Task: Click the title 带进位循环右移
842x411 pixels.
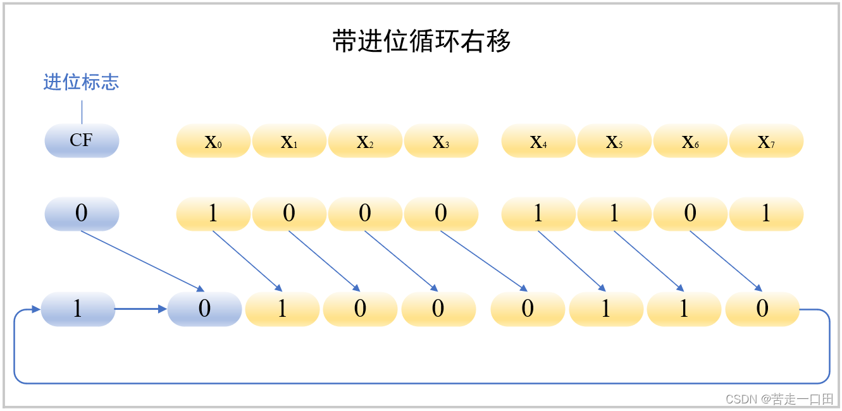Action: click(421, 42)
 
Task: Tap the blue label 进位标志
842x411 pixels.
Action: click(81, 82)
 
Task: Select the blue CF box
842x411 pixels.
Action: click(82, 140)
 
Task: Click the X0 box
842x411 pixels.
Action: click(213, 141)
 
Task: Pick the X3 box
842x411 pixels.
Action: click(441, 141)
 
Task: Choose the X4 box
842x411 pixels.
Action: click(538, 141)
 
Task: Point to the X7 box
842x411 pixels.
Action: click(766, 141)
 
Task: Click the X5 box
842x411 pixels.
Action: click(614, 141)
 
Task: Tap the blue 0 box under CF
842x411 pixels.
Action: click(82, 214)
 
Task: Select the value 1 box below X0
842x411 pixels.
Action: click(213, 214)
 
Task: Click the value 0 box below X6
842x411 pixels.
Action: click(690, 214)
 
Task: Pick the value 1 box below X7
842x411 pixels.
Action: click(766, 214)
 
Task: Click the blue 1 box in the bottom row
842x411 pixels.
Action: click(78, 309)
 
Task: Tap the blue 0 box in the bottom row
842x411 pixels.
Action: click(204, 309)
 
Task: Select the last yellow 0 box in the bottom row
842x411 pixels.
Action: click(762, 309)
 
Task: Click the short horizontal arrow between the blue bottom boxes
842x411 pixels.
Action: click(140, 309)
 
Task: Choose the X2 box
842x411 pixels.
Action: click(365, 141)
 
